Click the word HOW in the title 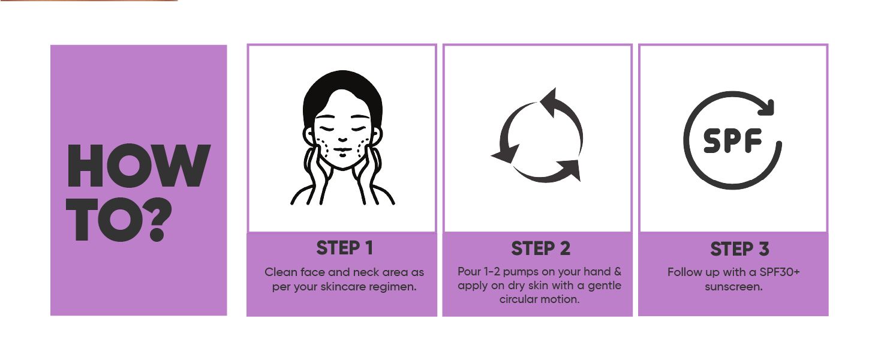tap(139, 166)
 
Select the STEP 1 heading tap(344, 248)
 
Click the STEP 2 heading tap(540, 248)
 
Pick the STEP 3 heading tap(739, 248)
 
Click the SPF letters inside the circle tap(733, 140)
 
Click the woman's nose tap(342, 139)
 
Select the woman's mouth tap(342, 150)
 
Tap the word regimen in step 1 tap(395, 287)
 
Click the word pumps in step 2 tap(521, 272)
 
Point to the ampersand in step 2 tap(617, 271)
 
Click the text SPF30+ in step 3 tap(779, 272)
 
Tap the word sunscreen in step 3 tap(733, 287)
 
